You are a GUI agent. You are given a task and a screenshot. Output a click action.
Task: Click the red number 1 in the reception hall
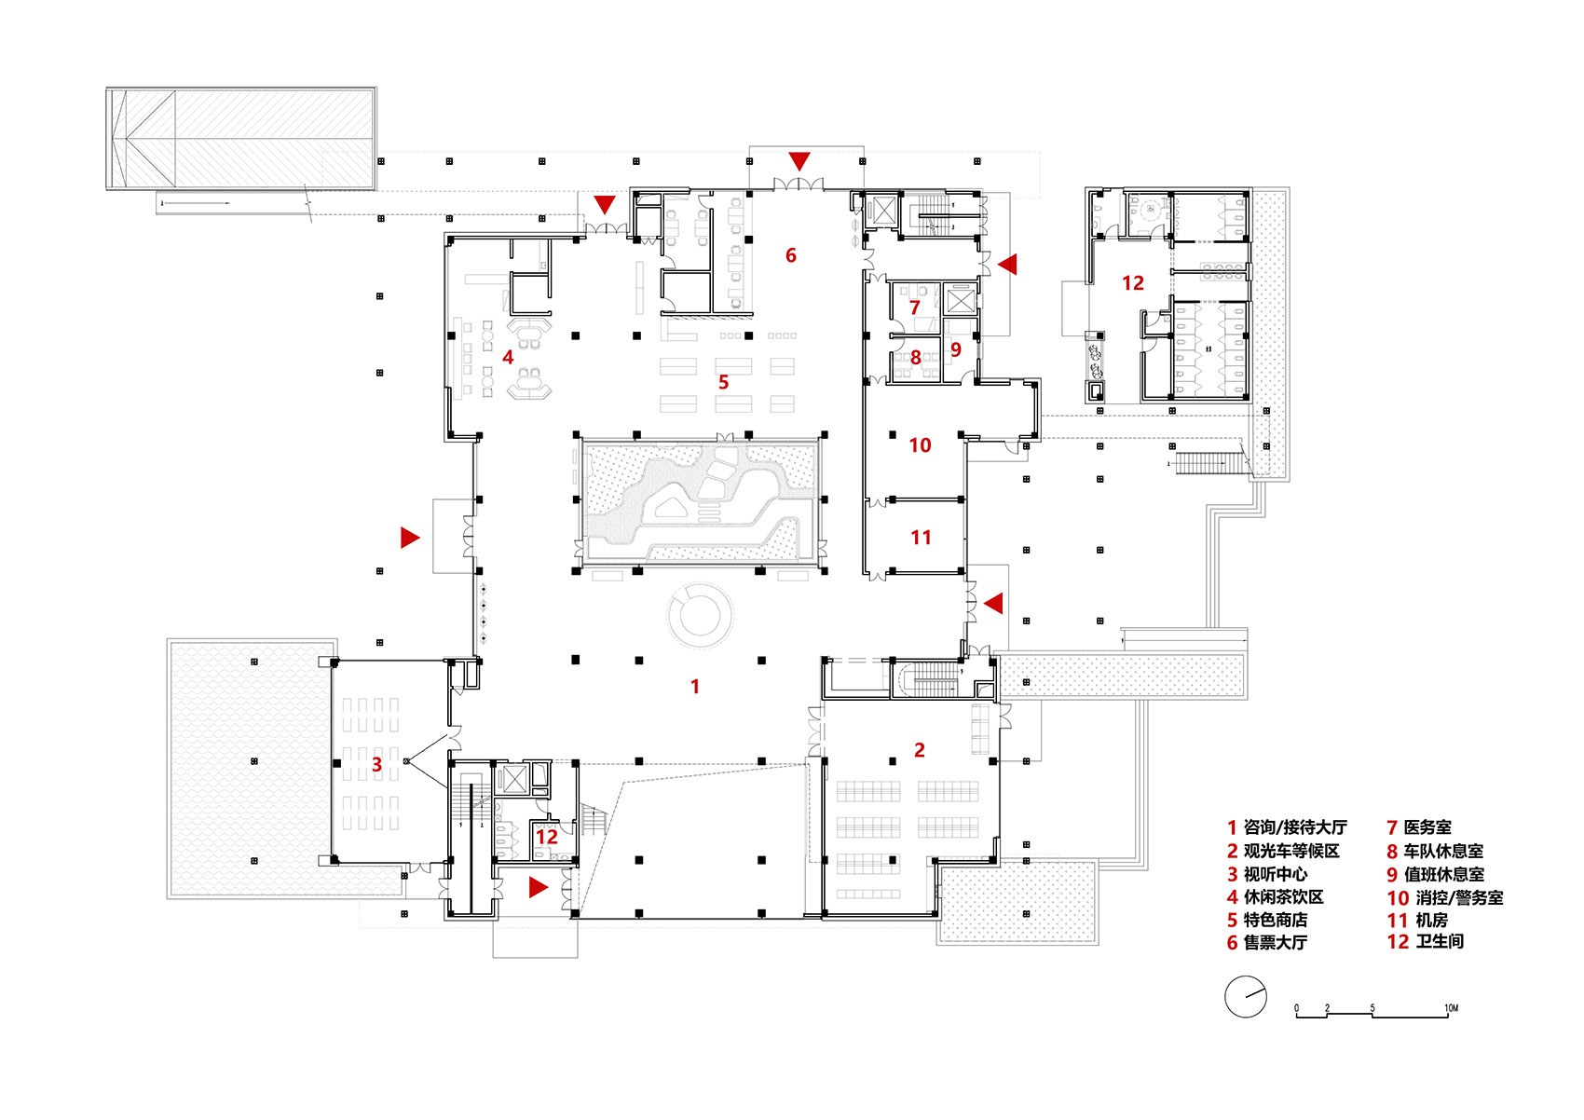click(x=694, y=687)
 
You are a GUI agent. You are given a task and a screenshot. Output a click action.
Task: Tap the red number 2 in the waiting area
click(x=919, y=750)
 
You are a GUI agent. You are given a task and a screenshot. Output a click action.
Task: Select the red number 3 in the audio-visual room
click(x=376, y=765)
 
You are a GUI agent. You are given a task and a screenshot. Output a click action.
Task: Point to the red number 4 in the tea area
click(x=508, y=357)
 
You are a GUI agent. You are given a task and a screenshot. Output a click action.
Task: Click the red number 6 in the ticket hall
click(x=790, y=255)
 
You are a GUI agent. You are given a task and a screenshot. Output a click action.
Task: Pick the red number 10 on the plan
click(x=920, y=445)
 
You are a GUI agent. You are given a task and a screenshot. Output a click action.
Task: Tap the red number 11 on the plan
click(x=921, y=538)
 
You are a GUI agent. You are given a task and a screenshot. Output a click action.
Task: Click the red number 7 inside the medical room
click(x=914, y=307)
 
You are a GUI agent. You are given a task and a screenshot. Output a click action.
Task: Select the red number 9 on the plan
click(x=955, y=350)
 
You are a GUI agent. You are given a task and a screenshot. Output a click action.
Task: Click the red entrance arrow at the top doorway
click(x=799, y=161)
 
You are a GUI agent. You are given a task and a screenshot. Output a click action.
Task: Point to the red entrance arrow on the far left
click(x=409, y=537)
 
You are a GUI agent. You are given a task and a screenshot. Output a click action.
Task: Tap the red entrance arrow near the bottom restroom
click(x=538, y=887)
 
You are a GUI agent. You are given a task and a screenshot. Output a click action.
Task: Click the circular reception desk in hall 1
click(x=699, y=615)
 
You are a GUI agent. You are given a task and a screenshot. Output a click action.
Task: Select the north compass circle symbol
click(x=1246, y=997)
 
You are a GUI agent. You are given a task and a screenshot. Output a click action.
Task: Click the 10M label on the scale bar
click(x=1451, y=1008)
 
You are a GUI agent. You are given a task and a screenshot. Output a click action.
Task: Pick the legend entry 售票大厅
click(x=1275, y=943)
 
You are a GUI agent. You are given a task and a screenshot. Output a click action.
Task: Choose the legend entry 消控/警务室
click(x=1458, y=897)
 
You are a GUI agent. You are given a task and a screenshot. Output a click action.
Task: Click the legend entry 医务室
click(x=1427, y=827)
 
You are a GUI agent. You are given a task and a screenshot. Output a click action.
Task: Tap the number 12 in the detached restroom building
click(x=1132, y=283)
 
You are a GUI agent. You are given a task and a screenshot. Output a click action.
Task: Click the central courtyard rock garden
click(x=699, y=501)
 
